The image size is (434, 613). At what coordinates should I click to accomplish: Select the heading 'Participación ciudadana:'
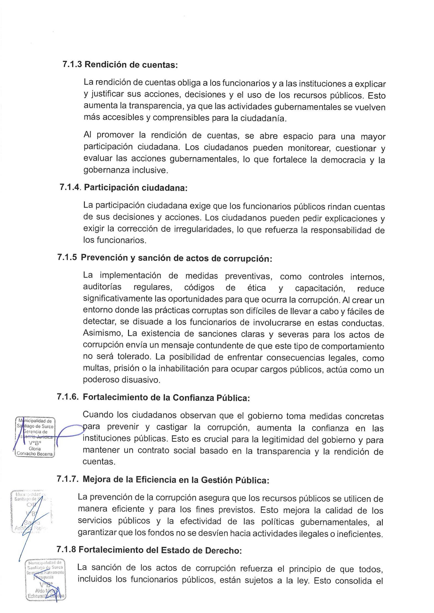[136, 188]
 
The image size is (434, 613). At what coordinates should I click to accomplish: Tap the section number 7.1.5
[67, 257]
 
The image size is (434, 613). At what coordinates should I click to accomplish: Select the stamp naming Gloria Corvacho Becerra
[35, 437]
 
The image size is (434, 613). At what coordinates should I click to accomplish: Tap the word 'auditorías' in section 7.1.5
[102, 287]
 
